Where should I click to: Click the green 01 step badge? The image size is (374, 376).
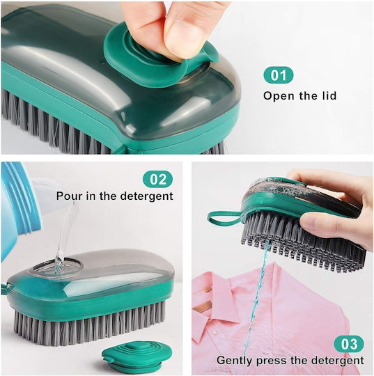click(279, 75)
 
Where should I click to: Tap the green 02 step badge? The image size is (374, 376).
click(157, 179)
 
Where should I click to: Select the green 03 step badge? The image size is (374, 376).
click(349, 344)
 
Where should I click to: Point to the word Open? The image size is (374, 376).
click(279, 96)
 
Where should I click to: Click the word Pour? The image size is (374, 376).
click(68, 196)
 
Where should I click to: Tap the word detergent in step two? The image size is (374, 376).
click(146, 196)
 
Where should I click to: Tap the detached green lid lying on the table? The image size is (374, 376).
click(137, 355)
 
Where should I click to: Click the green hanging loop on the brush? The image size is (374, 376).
click(223, 219)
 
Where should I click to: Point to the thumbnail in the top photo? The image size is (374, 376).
click(185, 37)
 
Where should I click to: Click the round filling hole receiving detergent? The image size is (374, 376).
click(59, 267)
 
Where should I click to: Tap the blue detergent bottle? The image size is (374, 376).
click(20, 209)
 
